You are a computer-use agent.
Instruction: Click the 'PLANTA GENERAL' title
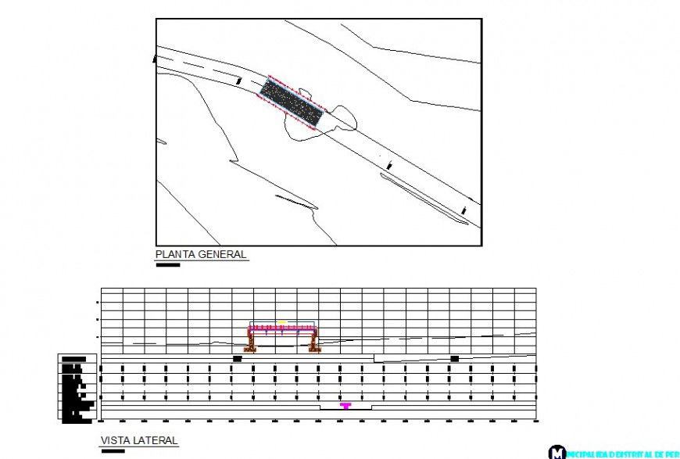click(201, 254)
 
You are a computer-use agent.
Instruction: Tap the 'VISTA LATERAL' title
click(139, 441)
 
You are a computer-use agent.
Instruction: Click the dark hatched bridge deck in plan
click(291, 102)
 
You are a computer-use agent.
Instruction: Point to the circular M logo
click(557, 452)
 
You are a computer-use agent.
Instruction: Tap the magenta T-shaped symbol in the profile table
click(345, 406)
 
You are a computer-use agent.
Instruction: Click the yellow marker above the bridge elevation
click(281, 321)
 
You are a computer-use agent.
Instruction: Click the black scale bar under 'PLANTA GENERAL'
click(168, 265)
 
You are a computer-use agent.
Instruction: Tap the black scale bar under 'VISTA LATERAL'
click(113, 451)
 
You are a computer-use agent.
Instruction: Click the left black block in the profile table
click(237, 359)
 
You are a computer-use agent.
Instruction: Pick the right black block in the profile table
click(454, 359)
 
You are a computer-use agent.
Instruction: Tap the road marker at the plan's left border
click(154, 58)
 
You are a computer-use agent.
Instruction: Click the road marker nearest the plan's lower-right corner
click(464, 210)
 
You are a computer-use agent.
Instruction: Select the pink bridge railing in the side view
click(282, 327)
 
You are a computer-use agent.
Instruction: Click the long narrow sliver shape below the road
click(422, 199)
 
